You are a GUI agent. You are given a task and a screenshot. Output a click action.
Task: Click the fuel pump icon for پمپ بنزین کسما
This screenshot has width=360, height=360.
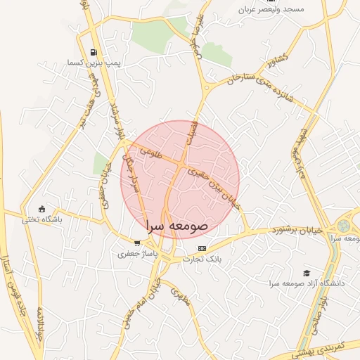(x=94, y=52)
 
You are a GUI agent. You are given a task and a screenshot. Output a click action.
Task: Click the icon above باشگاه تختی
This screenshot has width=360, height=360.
(x=41, y=209)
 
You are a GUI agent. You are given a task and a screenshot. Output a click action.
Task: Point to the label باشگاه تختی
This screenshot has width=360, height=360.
(x=42, y=219)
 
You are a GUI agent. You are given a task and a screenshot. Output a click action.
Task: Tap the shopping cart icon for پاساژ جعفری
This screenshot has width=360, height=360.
(x=137, y=243)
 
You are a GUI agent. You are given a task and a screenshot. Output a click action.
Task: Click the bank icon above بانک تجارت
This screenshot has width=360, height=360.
(x=202, y=248)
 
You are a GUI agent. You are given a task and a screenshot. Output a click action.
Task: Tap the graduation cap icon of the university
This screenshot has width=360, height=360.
(x=306, y=273)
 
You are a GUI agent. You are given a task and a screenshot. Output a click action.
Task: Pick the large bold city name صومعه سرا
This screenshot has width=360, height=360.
(x=176, y=226)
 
